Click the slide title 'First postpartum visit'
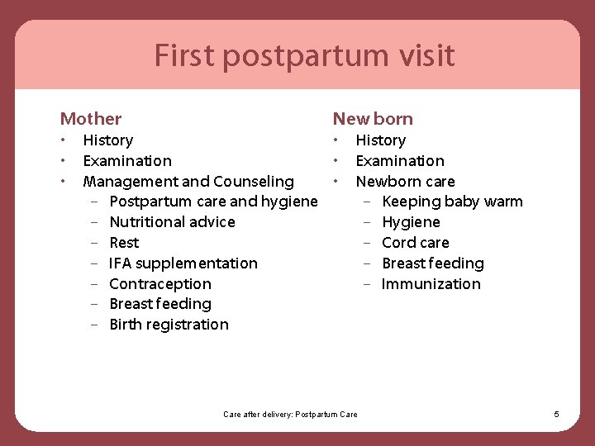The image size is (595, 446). tap(304, 56)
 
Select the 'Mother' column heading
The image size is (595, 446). tap(91, 119)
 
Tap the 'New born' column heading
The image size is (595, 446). tap(373, 119)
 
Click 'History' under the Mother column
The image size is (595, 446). tap(108, 140)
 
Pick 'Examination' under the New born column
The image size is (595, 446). tap(400, 161)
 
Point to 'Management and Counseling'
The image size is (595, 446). tap(188, 182)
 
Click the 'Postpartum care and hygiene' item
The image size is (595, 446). tap(213, 202)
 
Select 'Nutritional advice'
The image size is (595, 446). tap(172, 222)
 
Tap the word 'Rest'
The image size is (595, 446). tap(124, 243)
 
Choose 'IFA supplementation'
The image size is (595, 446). tap(183, 263)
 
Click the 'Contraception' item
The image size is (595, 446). tap(160, 284)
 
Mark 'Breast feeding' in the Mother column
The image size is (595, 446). tap(160, 304)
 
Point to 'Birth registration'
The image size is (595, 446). tap(169, 325)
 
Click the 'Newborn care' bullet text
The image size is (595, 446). tap(405, 182)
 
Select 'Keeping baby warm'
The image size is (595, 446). tap(452, 202)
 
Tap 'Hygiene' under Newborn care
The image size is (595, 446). tap(411, 222)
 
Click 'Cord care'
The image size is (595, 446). tap(416, 243)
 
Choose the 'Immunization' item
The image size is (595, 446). tap(431, 284)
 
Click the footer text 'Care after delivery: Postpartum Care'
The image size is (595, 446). tap(291, 414)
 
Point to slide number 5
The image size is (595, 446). tap(556, 414)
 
